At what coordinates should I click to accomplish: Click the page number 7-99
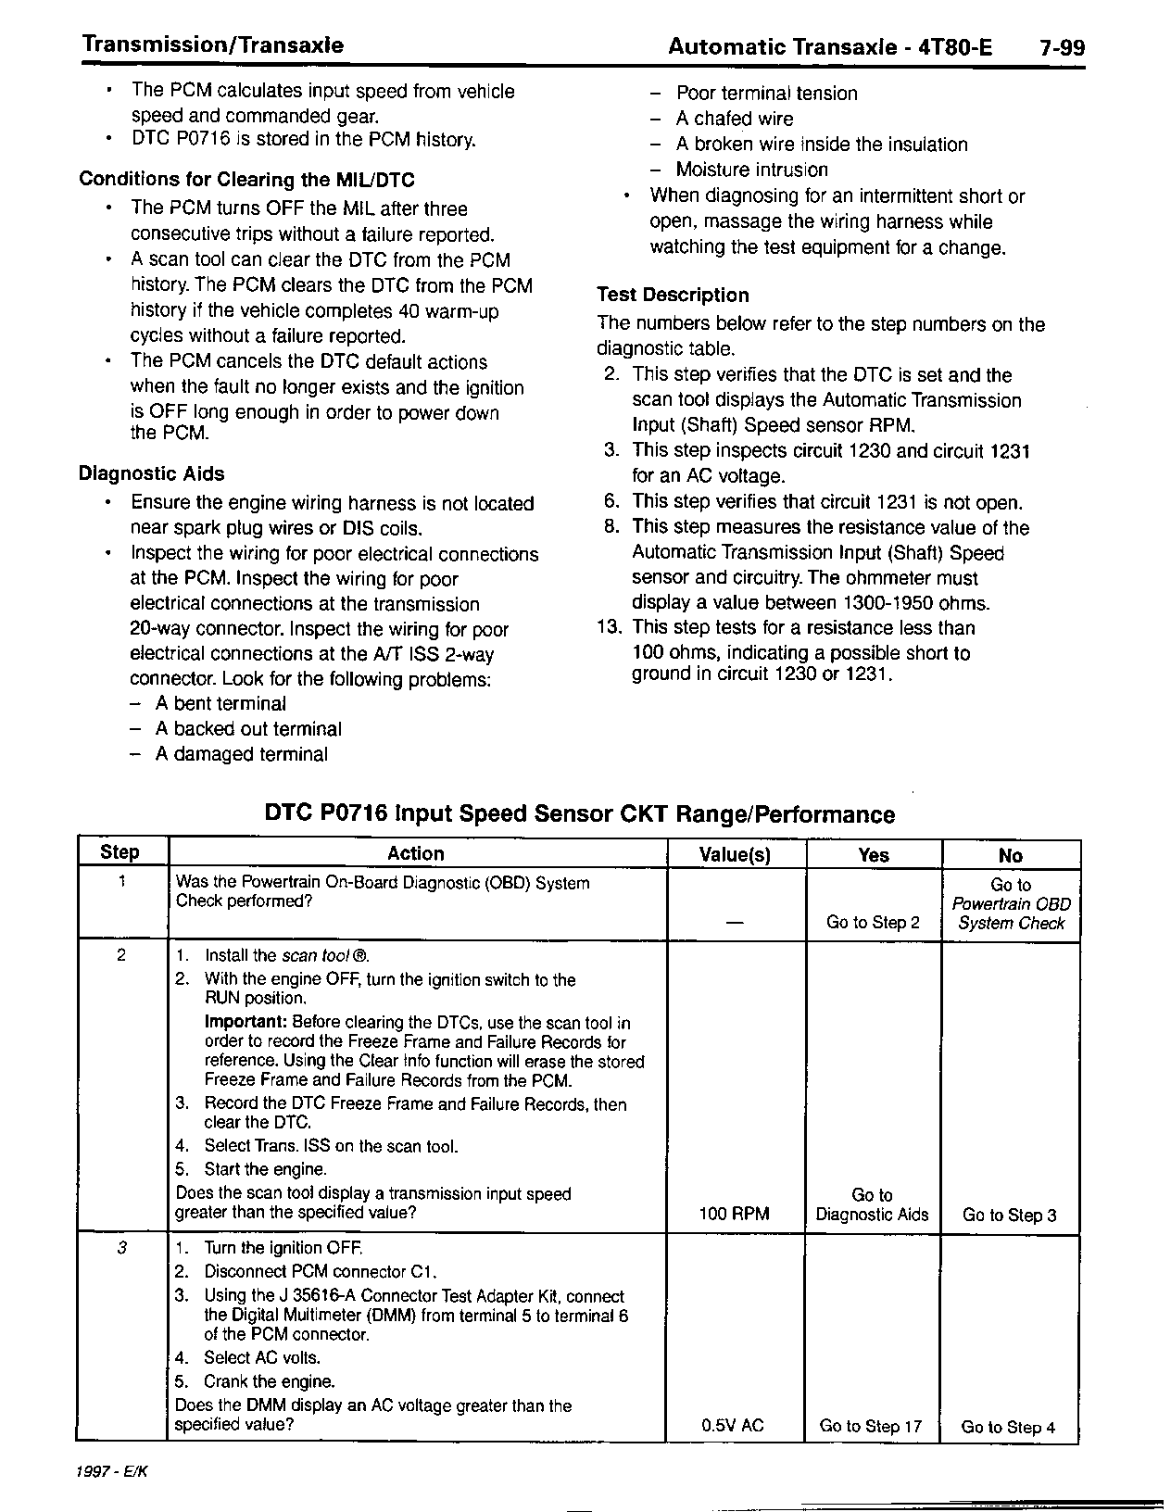[x=1061, y=47]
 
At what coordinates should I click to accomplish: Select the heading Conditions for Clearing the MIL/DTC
[x=246, y=180]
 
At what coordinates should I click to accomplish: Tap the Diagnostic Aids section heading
[x=151, y=473]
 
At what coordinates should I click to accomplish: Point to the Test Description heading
[x=673, y=296]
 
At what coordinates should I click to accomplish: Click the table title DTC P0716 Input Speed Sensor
[x=580, y=814]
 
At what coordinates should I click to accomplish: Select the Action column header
[x=416, y=854]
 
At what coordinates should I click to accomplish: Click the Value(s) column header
[x=736, y=855]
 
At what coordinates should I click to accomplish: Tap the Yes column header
[x=874, y=855]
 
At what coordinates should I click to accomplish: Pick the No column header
[x=1011, y=856]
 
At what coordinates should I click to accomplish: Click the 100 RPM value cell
[x=735, y=1214]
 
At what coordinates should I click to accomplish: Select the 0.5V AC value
[x=733, y=1426]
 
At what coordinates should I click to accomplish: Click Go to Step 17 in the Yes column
[x=871, y=1427]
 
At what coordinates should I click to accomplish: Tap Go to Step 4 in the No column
[x=1008, y=1427]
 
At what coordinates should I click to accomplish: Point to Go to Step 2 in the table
[x=873, y=923]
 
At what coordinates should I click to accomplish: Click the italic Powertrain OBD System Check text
[x=1011, y=913]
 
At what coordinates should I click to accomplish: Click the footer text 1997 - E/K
[x=113, y=1472]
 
